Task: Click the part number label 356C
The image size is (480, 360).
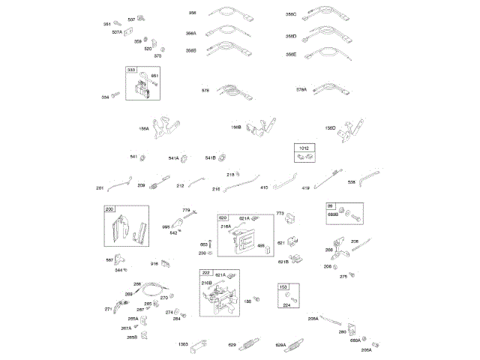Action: [x=291, y=14]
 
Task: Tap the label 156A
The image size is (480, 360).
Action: [x=144, y=128]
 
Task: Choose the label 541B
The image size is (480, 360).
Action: [x=210, y=157]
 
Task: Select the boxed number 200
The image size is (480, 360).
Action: [x=109, y=208]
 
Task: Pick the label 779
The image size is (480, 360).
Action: [x=187, y=211]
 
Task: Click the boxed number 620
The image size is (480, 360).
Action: [x=223, y=217]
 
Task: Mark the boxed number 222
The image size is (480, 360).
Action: [x=205, y=274]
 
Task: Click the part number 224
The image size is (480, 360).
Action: [x=285, y=305]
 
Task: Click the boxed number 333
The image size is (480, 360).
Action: [x=131, y=70]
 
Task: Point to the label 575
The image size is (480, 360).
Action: [x=205, y=90]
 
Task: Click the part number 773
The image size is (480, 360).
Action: [x=280, y=214]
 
